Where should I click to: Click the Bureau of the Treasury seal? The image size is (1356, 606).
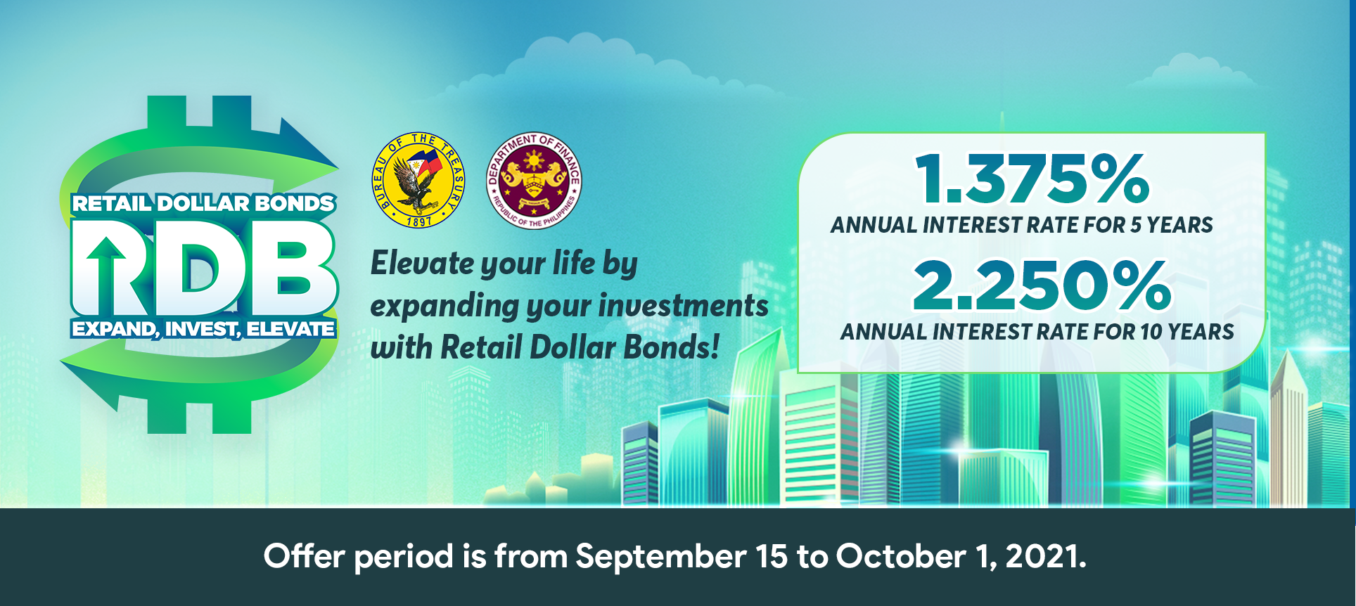(418, 180)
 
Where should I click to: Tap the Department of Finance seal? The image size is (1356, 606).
(534, 181)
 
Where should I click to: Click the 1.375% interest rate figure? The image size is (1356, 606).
(1032, 179)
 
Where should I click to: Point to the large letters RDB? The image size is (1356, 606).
(204, 267)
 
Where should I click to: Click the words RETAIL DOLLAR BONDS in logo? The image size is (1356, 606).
(203, 204)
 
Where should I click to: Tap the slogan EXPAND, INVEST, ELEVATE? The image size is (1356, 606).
(203, 329)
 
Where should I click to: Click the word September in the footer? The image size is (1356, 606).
(661, 557)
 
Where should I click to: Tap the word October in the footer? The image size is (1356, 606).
(900, 556)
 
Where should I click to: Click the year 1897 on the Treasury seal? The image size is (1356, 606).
(419, 221)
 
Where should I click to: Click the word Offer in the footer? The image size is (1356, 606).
(304, 556)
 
